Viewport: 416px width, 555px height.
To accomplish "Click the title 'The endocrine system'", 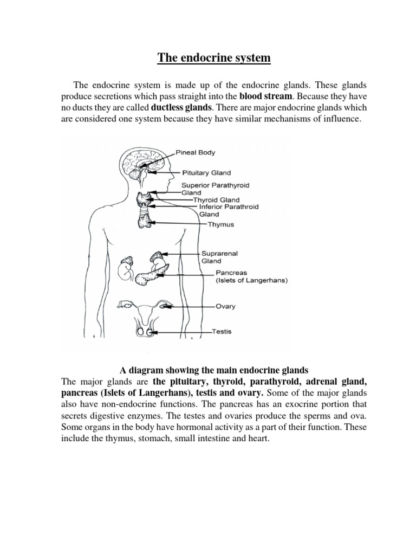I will coord(213,57).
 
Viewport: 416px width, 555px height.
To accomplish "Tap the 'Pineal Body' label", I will coord(196,152).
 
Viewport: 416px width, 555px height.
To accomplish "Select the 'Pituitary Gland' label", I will coord(206,173).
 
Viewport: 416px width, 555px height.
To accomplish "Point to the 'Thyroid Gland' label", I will coord(216,199).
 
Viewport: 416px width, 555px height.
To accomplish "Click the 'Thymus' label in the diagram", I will coord(221,224).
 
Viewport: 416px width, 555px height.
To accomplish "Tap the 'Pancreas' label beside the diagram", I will coord(231,273).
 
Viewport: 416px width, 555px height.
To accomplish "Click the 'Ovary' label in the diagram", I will coord(225,306).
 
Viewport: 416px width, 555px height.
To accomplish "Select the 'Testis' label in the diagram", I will coord(222,331).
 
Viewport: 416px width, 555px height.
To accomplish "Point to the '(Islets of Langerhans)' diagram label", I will coord(252,281).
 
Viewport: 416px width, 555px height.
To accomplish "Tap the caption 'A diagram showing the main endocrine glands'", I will coord(214,370).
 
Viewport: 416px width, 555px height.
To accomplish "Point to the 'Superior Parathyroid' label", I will coord(216,185).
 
